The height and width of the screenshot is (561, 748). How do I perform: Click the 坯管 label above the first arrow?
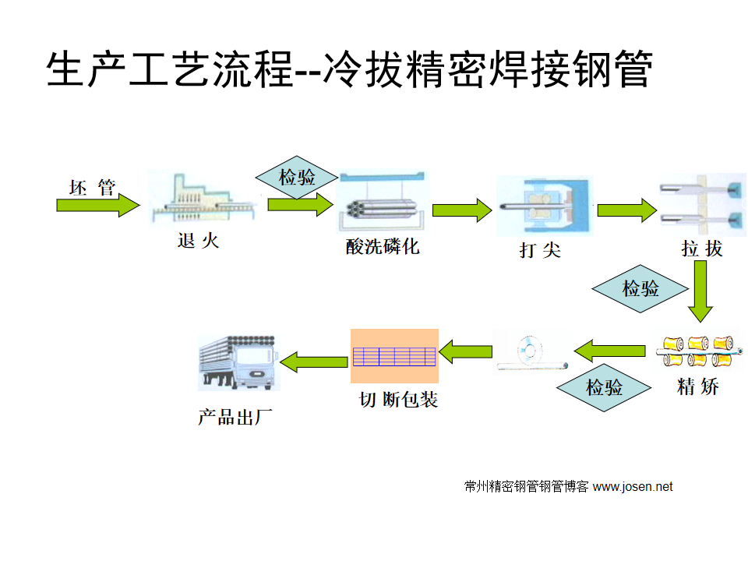click(92, 188)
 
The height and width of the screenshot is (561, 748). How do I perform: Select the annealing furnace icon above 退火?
click(200, 201)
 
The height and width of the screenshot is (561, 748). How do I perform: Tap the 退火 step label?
click(199, 242)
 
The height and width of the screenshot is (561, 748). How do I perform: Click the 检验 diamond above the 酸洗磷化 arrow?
click(298, 177)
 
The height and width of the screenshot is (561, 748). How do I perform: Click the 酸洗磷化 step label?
click(383, 247)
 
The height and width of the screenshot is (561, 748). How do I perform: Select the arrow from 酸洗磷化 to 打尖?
click(462, 210)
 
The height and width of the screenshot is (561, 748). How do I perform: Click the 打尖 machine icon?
click(544, 206)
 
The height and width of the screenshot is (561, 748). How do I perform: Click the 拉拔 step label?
click(702, 249)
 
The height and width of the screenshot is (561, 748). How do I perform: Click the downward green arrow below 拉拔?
click(700, 291)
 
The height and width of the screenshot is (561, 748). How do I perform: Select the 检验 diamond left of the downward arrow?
click(640, 289)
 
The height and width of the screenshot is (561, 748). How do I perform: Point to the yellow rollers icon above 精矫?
click(698, 351)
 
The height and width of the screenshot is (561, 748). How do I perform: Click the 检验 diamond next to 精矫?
click(605, 387)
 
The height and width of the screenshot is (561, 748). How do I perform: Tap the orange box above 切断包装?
click(394, 356)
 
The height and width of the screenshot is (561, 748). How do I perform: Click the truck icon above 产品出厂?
click(237, 362)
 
